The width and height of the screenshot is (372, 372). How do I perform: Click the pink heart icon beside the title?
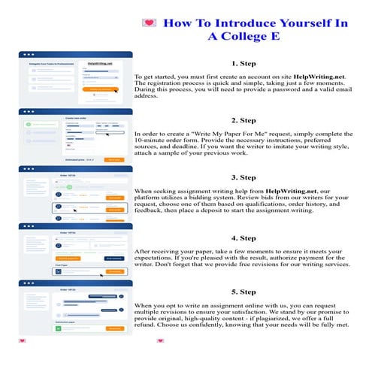147,23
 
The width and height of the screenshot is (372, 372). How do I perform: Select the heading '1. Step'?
244,64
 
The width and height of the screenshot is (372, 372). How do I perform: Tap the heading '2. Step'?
244,120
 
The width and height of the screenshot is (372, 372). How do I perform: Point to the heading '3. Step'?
244,177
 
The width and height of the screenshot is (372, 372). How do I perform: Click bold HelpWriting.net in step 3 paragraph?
296,192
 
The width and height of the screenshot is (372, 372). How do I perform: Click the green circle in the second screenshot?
27,122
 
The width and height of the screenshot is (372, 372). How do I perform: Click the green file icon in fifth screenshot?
71,328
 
